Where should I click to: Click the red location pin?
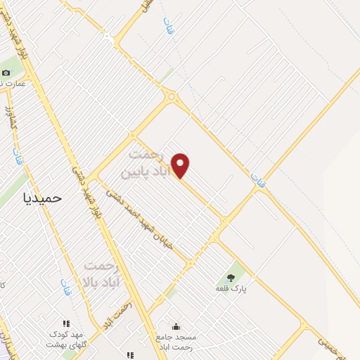coord(181,165)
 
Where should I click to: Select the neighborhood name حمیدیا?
coord(44,198)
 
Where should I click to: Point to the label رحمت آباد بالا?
coord(104,274)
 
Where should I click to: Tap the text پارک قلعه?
coord(233,288)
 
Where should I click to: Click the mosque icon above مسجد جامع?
coord(175,326)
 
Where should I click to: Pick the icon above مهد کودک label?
coord(66,324)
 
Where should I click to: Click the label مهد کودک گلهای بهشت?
coord(65,340)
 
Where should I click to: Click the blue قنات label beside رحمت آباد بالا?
coord(66,286)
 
